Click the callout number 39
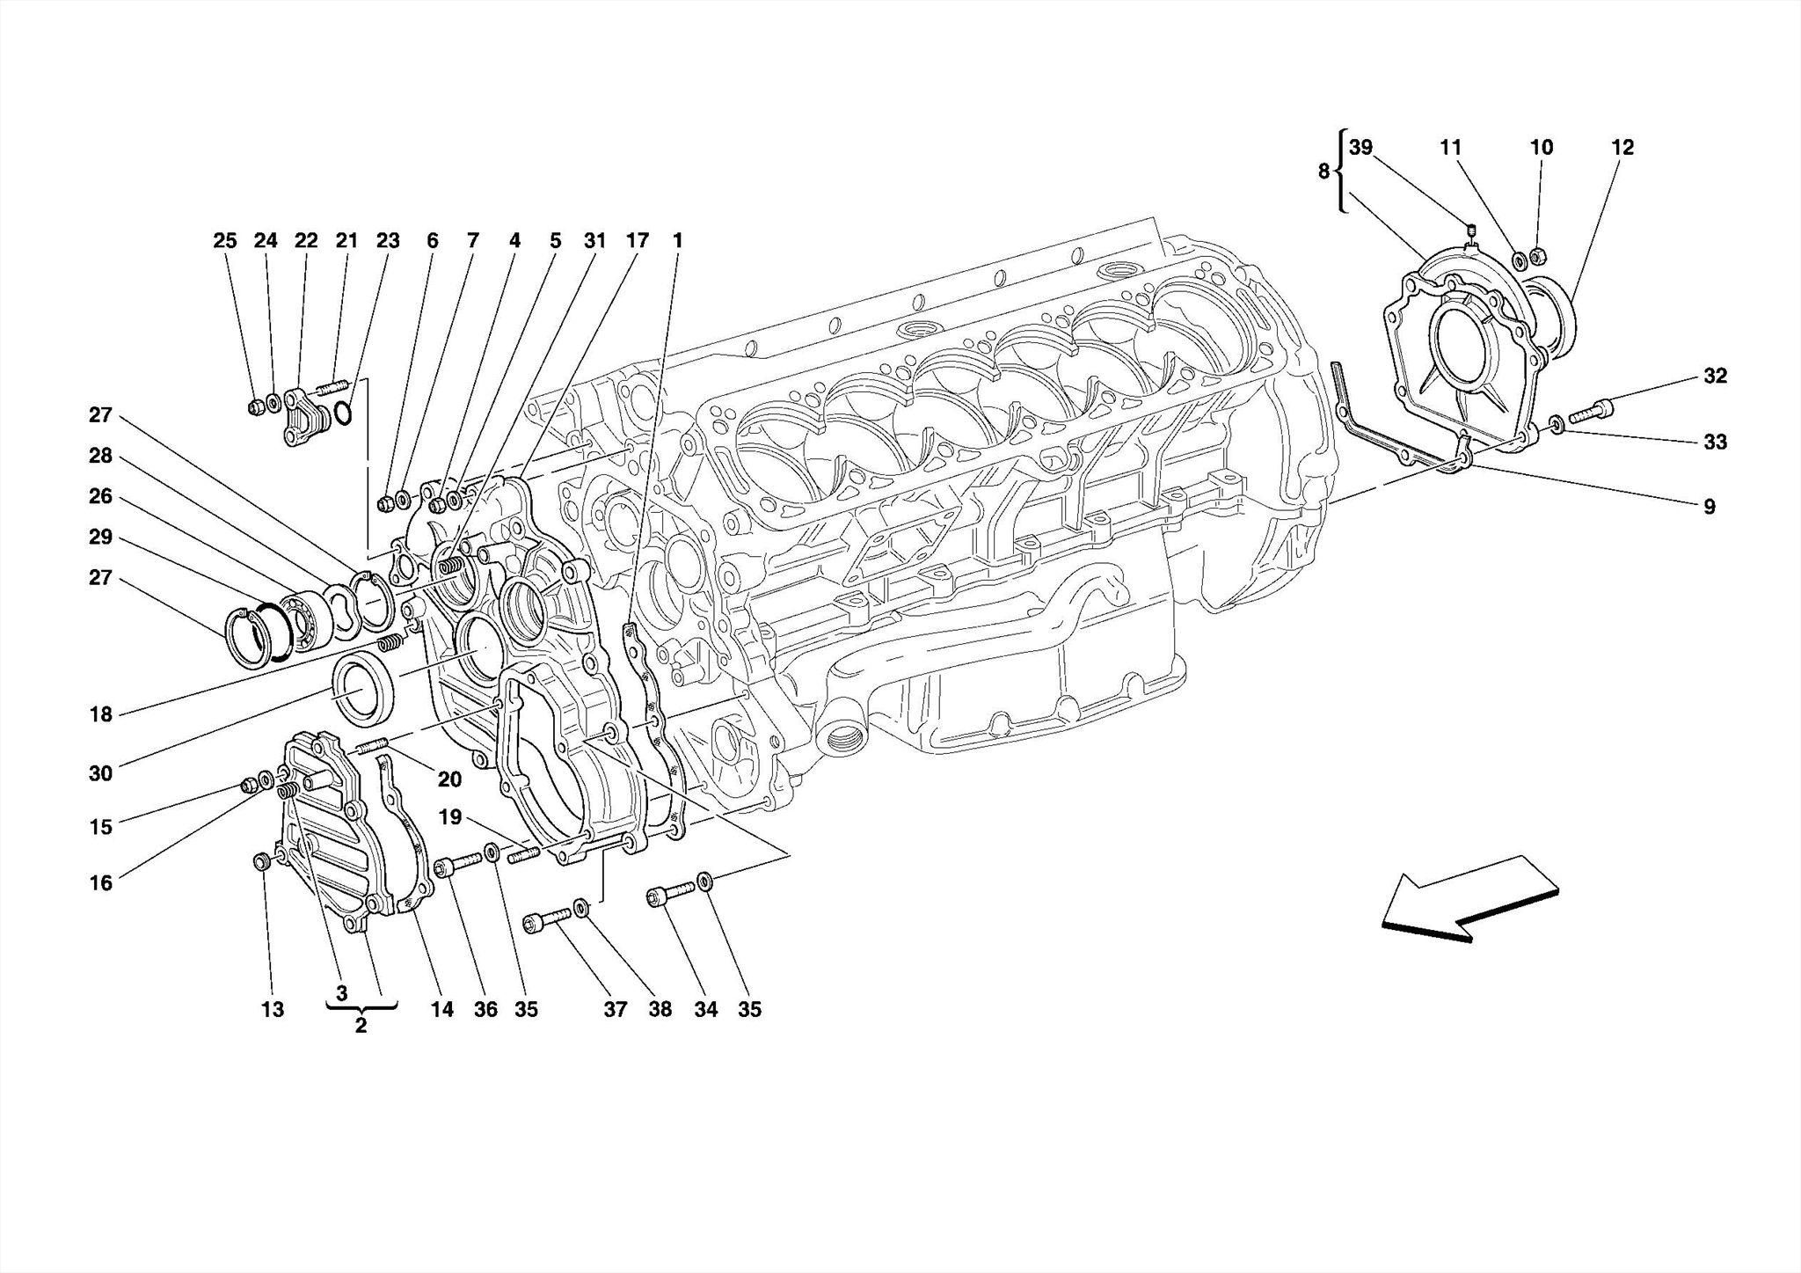pyautogui.click(x=1360, y=148)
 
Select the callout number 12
pyautogui.click(x=1622, y=148)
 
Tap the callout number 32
pyautogui.click(x=1715, y=377)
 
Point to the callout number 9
pyautogui.click(x=1709, y=507)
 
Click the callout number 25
pyautogui.click(x=225, y=241)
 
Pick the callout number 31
pyautogui.click(x=595, y=241)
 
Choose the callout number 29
pyautogui.click(x=100, y=537)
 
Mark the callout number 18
pyautogui.click(x=101, y=714)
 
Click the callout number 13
pyautogui.click(x=273, y=1010)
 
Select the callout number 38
pyautogui.click(x=660, y=1010)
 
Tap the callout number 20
pyautogui.click(x=449, y=779)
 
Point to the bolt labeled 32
pyautogui.click(x=1591, y=410)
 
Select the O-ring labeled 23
pyautogui.click(x=344, y=413)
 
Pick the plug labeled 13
pyautogui.click(x=260, y=860)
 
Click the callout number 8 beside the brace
pyautogui.click(x=1323, y=172)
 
